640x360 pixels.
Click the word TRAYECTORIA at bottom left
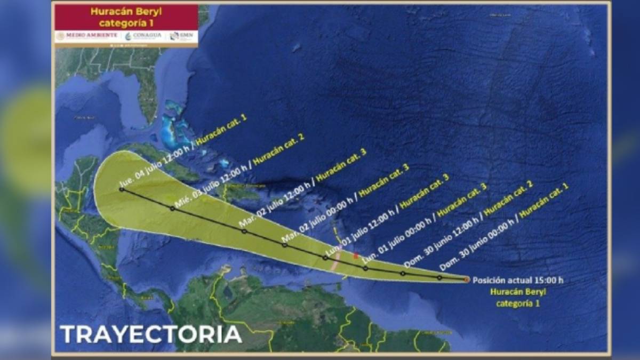150,334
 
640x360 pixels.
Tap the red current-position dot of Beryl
467,279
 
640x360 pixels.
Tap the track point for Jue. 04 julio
122,189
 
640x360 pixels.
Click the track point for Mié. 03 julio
172,209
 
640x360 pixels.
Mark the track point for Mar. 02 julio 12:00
244,231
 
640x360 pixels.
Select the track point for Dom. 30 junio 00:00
439,277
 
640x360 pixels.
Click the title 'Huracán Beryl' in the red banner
126,11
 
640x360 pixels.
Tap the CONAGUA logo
143,36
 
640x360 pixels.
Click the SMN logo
181,36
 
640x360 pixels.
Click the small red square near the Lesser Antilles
355,256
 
